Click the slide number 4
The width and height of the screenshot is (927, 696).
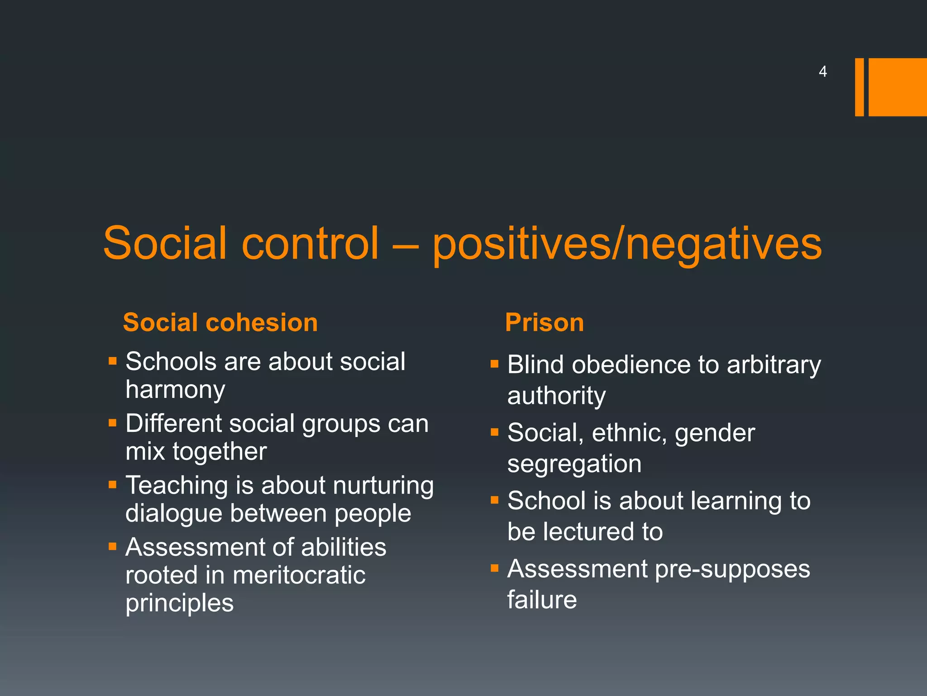(822, 72)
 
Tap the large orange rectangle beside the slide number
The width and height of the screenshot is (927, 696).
(897, 87)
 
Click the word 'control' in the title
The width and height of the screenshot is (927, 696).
(310, 243)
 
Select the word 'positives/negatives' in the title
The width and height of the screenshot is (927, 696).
(627, 245)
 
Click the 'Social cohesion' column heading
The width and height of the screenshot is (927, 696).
(220, 323)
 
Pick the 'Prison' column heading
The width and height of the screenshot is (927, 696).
(545, 323)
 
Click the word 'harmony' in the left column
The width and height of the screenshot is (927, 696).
(175, 390)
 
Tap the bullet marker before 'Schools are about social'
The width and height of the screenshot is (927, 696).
(113, 361)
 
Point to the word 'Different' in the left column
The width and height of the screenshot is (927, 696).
(174, 424)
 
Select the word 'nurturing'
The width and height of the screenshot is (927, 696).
(383, 486)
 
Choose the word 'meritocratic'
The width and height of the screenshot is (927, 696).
(299, 576)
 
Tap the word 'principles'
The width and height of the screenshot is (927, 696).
(180, 604)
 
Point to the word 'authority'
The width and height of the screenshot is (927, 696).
(556, 396)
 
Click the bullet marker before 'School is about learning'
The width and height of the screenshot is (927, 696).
(495, 500)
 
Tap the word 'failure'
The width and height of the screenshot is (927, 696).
(542, 600)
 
